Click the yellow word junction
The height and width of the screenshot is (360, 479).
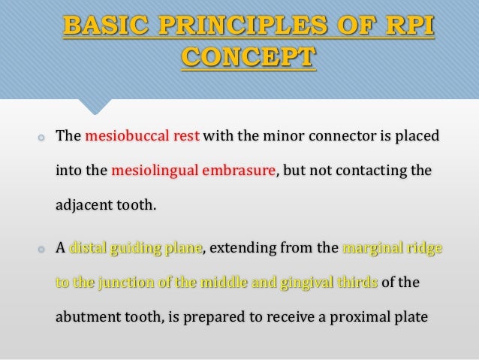coord(124,283)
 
